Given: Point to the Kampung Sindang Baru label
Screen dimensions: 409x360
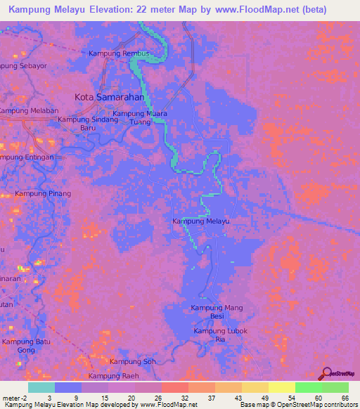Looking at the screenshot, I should pos(88,124).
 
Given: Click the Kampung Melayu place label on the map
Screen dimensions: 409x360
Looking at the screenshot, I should pos(201,221).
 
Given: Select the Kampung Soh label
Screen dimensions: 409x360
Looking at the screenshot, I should pos(134,362).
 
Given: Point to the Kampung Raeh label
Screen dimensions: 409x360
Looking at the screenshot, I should pos(115,377).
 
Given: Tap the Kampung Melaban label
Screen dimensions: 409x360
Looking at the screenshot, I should pos(28,111).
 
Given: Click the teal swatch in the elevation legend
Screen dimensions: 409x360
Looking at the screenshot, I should pos(41,387).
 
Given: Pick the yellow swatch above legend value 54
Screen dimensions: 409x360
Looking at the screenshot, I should pos(281,387).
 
